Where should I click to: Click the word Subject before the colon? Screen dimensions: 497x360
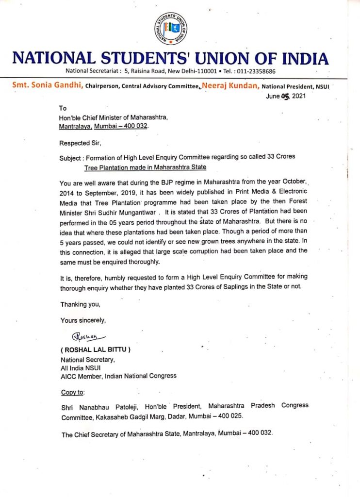tap(71, 157)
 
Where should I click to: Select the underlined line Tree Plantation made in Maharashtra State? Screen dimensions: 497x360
tap(145, 167)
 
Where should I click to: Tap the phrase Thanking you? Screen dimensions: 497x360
tap(80, 304)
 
